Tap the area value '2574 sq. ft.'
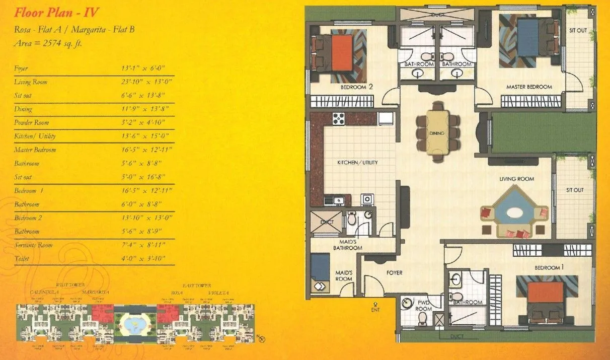(62, 44)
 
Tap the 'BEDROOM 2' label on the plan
(357, 87)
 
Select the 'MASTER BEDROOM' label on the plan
(529, 87)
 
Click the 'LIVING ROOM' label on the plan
(516, 179)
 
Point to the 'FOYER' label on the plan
(394, 273)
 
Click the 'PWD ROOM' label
(423, 305)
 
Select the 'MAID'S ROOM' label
(344, 276)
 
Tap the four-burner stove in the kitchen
(339, 119)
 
